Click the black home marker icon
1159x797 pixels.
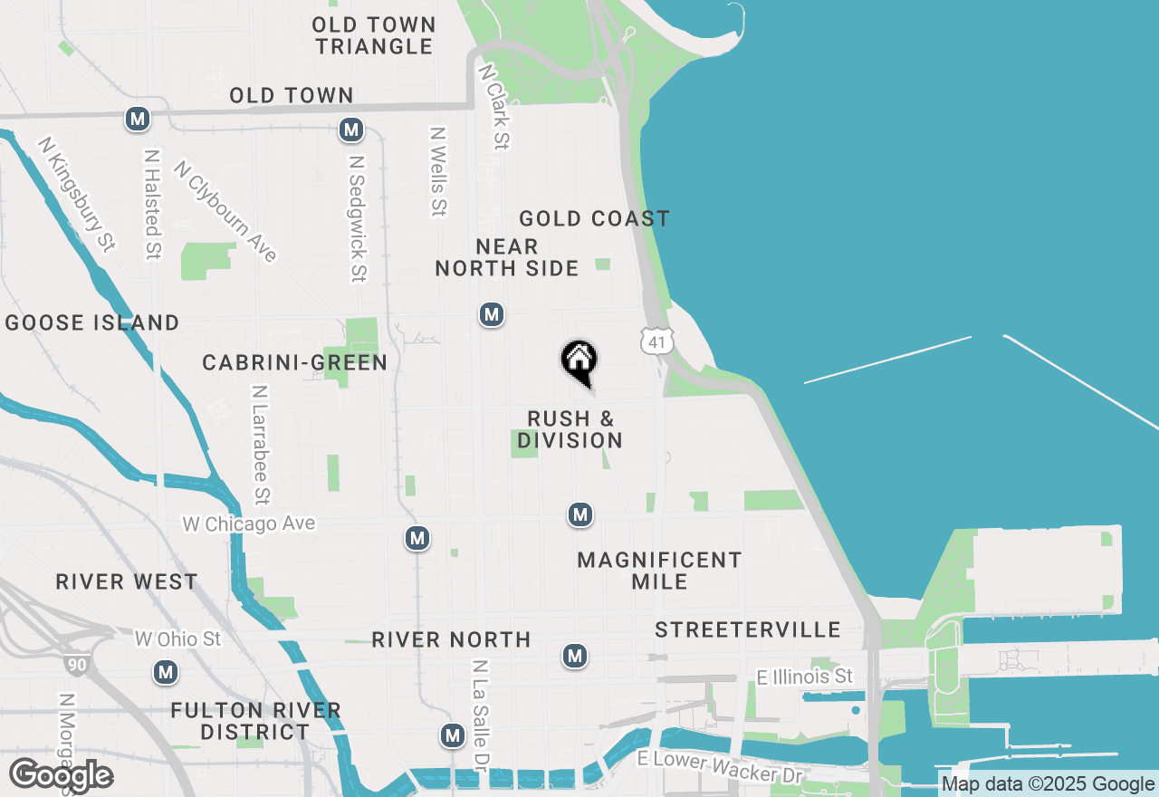point(579,361)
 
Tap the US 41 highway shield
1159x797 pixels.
point(656,341)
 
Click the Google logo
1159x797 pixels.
point(61,775)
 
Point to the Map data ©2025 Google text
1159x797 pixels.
point(1048,784)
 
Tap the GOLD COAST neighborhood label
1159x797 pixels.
point(594,218)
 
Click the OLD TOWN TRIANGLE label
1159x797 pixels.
point(375,35)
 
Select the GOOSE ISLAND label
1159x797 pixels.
point(92,322)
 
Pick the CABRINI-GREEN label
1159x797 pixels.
point(294,362)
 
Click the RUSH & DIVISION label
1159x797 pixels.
point(570,429)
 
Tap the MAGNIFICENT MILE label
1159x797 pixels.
point(659,571)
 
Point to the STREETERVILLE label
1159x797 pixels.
point(748,629)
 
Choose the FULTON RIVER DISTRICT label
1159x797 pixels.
point(255,721)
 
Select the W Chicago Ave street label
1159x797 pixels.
point(249,523)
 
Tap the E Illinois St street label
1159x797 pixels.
point(806,677)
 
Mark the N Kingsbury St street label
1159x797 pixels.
point(77,194)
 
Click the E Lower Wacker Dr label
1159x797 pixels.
point(721,766)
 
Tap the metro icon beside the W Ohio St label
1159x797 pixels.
point(165,672)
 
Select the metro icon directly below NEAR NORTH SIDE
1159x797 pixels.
point(492,314)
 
